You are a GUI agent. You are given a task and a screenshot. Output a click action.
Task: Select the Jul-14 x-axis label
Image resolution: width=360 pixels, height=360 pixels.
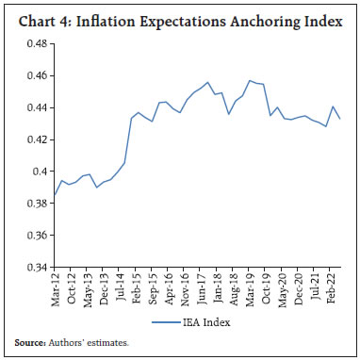coord(123,289)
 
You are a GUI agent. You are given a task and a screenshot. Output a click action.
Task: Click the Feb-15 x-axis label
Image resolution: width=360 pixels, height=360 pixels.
coord(137,290)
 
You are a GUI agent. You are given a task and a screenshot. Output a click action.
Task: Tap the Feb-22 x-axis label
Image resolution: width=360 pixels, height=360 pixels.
coord(335,290)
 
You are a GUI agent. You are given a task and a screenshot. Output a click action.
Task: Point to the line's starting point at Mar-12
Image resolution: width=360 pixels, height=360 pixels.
coord(55,195)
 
